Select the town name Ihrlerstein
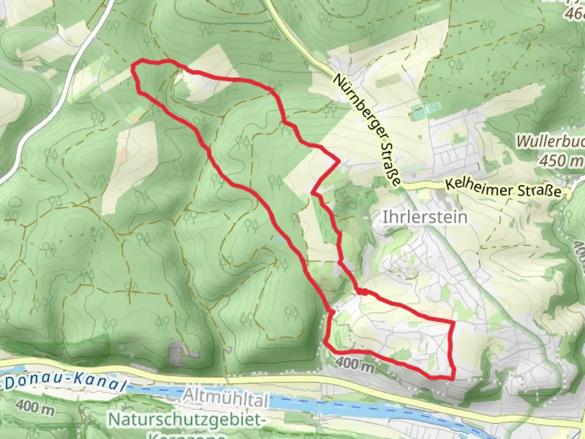coord(425,217)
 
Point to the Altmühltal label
coord(226,398)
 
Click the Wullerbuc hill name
coord(550,142)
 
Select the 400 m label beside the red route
coord(354,364)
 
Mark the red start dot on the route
coord(363,291)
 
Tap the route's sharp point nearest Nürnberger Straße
coord(338,161)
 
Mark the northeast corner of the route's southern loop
coord(453,322)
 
